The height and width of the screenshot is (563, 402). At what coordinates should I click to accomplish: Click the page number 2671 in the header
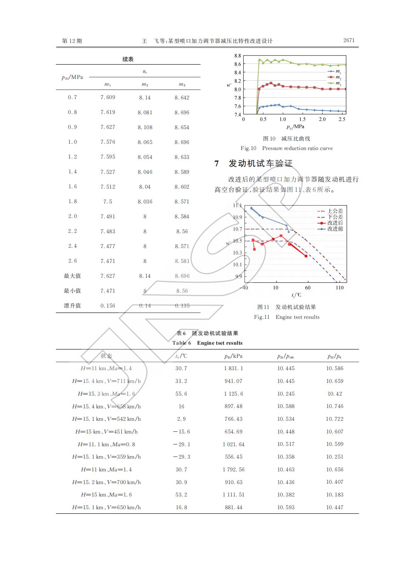coord(349,40)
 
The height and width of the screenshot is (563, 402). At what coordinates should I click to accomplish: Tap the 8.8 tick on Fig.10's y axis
coord(238,56)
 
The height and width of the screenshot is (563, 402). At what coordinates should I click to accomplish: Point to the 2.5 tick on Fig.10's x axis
coord(342,120)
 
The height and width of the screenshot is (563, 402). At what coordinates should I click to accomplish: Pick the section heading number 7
coord(217,163)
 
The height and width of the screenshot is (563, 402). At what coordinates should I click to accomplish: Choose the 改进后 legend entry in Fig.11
coord(335,223)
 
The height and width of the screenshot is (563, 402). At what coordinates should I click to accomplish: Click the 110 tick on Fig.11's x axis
coord(340,288)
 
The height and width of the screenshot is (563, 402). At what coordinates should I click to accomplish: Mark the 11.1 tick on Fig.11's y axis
coord(237,206)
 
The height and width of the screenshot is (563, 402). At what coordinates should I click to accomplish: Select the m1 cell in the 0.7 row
coord(108,97)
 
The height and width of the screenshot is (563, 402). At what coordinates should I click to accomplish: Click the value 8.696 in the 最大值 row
coord(182,276)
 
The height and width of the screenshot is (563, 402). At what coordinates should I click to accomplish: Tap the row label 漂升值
coord(72,306)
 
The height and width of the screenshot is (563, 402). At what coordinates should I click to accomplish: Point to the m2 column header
coord(145,85)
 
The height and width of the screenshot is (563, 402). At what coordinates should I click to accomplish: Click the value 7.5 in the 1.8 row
coord(108,202)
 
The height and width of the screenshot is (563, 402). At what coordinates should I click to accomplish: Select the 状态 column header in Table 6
coord(106,356)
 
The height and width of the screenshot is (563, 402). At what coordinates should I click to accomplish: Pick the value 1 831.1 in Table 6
coord(234,368)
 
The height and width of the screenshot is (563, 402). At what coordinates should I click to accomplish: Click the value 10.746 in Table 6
coord(335,406)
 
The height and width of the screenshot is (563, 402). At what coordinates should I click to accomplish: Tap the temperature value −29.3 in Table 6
coord(182,457)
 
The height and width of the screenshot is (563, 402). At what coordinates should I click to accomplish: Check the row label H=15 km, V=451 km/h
coord(106,432)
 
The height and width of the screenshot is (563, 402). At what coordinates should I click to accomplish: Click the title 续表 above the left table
coord(128,59)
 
